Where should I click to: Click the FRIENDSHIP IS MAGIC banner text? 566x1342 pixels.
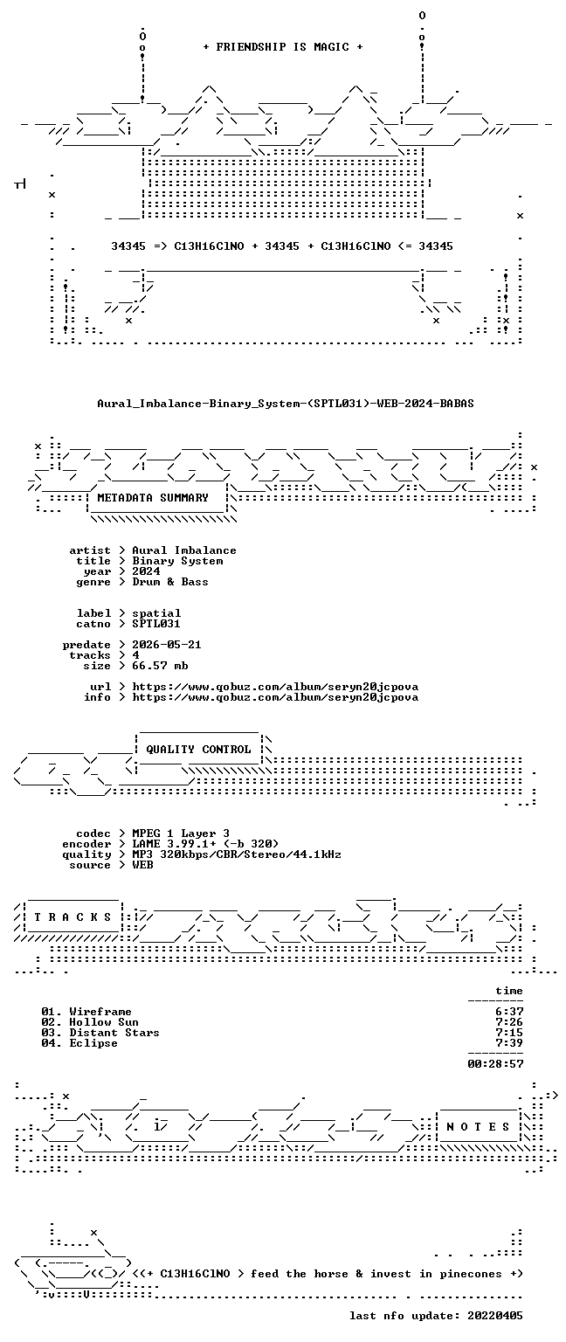[x=283, y=46]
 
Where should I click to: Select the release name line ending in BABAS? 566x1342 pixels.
[x=286, y=403]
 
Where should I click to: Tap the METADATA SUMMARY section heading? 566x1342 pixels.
[x=153, y=497]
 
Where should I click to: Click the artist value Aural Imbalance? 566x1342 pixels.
[x=184, y=550]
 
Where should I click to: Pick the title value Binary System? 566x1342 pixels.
[x=177, y=561]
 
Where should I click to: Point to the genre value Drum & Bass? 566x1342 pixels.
[x=170, y=582]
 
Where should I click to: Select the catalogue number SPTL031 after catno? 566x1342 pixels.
[x=156, y=624]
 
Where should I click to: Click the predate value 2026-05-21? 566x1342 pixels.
[x=167, y=645]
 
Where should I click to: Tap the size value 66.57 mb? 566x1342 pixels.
[x=160, y=666]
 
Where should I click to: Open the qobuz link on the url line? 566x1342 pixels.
[x=275, y=687]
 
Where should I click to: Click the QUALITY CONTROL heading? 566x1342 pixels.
[x=198, y=750]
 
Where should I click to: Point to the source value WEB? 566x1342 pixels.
[x=142, y=865]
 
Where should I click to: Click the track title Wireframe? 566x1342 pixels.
[x=100, y=1012]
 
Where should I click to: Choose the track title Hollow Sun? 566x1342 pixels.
[x=104, y=1023]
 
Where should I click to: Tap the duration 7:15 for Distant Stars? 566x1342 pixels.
[x=509, y=1033]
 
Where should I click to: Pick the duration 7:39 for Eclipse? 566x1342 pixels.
[x=509, y=1044]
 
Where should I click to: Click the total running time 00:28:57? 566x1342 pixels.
[x=495, y=1064]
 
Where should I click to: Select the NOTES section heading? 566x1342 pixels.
[x=478, y=1127]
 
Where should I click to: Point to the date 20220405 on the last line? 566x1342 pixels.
[x=495, y=1316]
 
